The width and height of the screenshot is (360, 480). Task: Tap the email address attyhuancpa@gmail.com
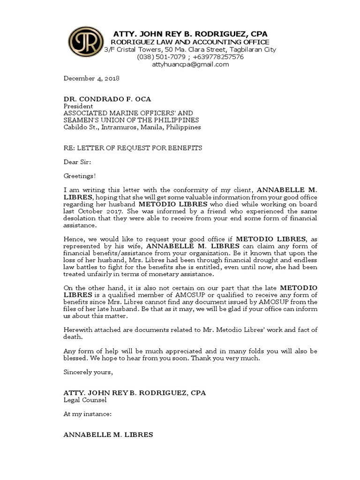coord(190,64)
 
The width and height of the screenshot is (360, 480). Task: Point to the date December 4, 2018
coord(91,78)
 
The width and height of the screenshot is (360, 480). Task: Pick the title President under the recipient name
coord(78,106)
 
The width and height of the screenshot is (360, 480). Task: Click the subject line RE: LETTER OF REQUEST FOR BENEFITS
coord(133,148)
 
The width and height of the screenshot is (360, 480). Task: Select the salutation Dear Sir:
coord(77,162)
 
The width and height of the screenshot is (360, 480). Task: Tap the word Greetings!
coord(80,176)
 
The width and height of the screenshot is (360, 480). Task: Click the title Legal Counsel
coord(85,400)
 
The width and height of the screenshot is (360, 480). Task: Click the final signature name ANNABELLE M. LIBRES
coord(108,435)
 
